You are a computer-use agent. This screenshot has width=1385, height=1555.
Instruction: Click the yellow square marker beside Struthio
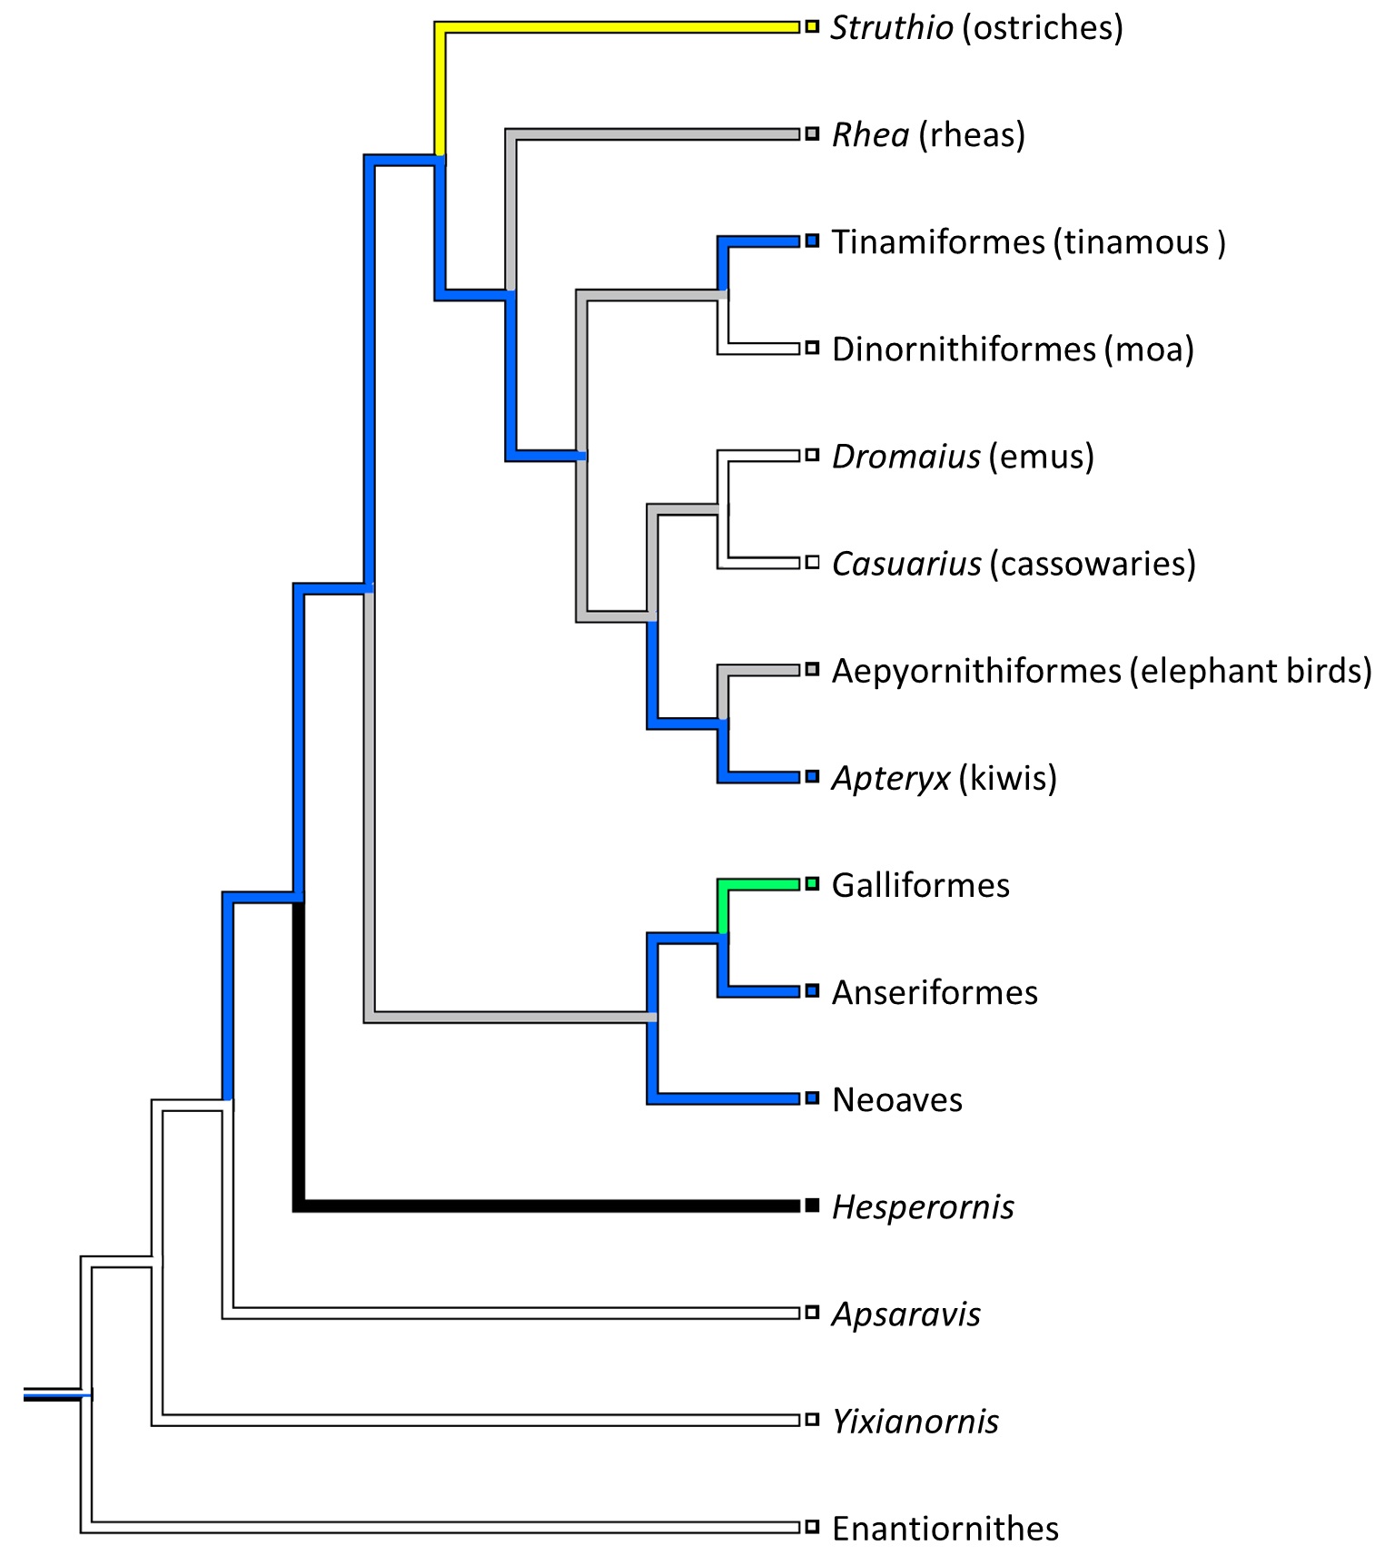812,27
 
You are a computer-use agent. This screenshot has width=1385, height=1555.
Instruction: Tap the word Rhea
870,135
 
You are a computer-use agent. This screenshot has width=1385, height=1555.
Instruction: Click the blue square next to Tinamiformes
812,241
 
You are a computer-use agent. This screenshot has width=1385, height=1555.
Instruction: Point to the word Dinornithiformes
964,349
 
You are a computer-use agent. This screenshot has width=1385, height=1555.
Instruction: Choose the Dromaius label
905,457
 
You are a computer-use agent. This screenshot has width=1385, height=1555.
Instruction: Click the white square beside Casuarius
812,563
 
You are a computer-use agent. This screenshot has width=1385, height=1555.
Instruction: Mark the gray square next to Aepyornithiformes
812,670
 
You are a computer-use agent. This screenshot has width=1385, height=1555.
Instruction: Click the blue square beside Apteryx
812,777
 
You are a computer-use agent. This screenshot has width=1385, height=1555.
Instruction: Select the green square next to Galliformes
812,883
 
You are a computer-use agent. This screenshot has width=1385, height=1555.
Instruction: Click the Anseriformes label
935,992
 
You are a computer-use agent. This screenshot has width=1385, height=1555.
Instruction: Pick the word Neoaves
897,1099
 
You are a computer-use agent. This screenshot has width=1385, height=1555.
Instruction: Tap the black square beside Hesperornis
812,1206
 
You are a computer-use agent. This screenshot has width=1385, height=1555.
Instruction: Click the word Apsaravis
906,1314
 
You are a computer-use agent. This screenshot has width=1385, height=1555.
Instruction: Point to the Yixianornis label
915,1422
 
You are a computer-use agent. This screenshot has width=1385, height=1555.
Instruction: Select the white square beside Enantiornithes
812,1527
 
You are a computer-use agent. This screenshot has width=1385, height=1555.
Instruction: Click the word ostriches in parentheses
1043,28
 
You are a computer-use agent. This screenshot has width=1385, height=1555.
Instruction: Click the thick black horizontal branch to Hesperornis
545,1206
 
